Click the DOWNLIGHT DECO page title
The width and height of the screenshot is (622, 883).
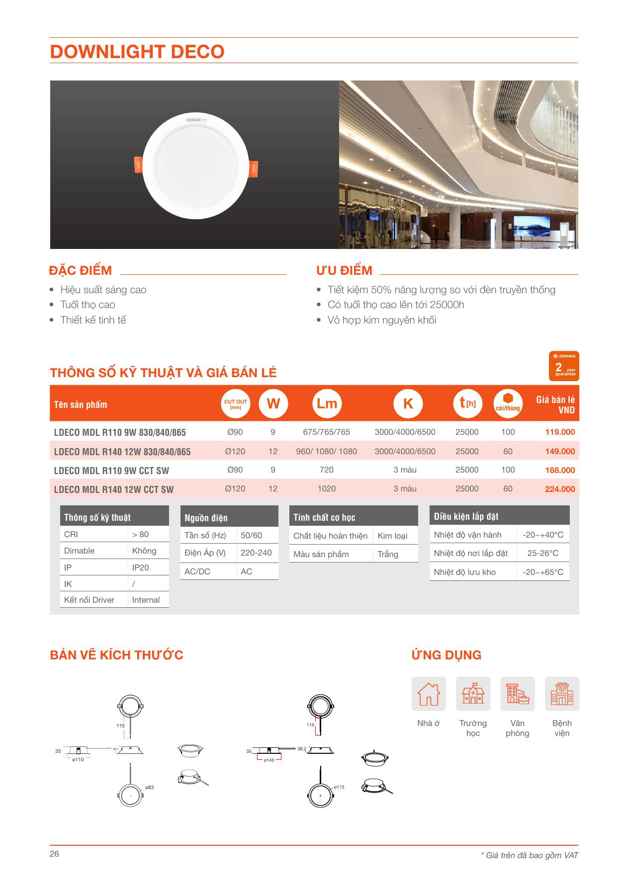click(x=137, y=52)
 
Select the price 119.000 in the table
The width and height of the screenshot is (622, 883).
click(x=560, y=432)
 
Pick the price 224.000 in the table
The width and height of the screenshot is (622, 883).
click(x=560, y=489)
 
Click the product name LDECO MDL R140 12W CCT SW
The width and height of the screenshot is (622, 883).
click(x=114, y=489)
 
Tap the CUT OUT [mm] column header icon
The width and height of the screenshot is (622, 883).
click(x=235, y=404)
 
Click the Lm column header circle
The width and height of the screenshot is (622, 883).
click(x=327, y=403)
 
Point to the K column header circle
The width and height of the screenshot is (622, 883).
click(x=408, y=403)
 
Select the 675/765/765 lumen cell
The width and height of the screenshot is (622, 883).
click(x=326, y=432)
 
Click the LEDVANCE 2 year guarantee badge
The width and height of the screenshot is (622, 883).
click(x=565, y=366)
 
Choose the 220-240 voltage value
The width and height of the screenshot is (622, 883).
click(x=256, y=553)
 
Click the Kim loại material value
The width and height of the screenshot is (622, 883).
click(x=392, y=536)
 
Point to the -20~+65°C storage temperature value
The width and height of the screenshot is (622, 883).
click(x=543, y=572)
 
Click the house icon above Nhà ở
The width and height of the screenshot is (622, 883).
click(x=429, y=694)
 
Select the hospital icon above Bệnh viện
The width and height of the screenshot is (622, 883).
click(x=562, y=694)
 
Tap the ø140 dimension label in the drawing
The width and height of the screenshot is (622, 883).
click(x=269, y=760)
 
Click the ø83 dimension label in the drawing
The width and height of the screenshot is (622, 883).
click(x=150, y=787)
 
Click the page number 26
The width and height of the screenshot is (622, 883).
click(x=54, y=854)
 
